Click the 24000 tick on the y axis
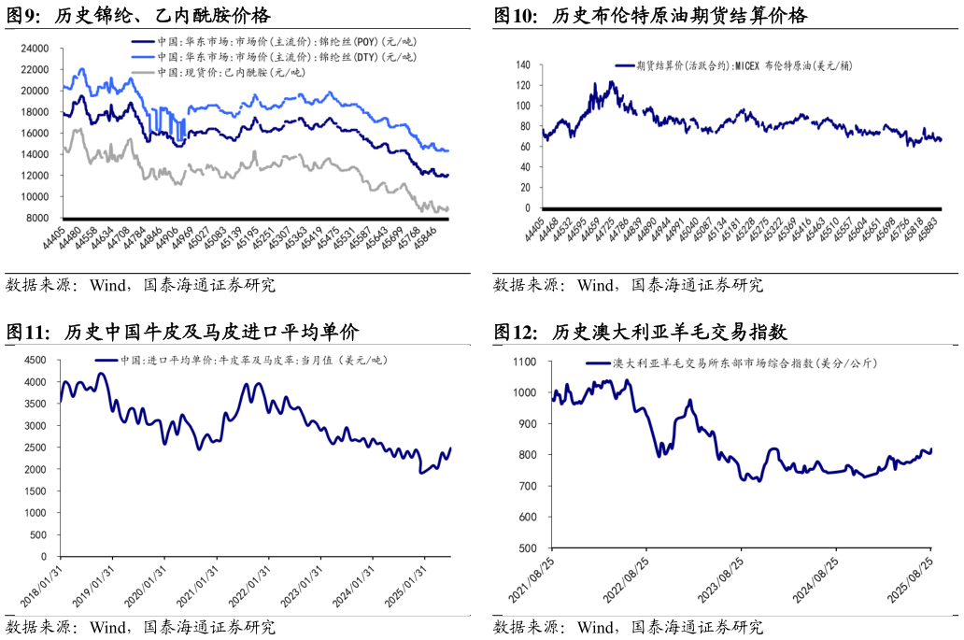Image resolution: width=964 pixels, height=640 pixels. click(35, 49)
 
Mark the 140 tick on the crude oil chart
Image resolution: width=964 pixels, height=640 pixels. click(522, 65)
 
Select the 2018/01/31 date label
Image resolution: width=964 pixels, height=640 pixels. click(41, 585)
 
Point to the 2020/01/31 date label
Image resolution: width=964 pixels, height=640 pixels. click(146, 585)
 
